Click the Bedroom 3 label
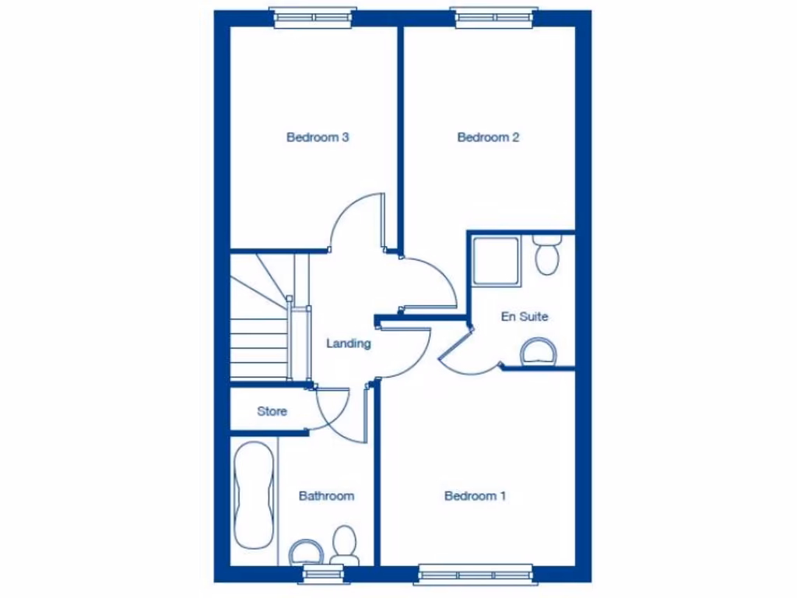coord(317,138)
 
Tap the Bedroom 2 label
coord(488,138)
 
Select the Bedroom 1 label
coord(475,496)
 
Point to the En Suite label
coord(524,317)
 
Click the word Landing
coord(348,343)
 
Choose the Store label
coord(272,411)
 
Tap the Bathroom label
coord(326,496)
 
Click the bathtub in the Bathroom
coord(254,496)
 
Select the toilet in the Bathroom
coord(343,545)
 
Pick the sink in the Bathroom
coord(307,552)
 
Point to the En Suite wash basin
coord(539,352)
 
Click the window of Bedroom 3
coord(314,17)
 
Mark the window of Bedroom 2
coord(495,17)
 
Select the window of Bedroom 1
coord(475,575)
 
